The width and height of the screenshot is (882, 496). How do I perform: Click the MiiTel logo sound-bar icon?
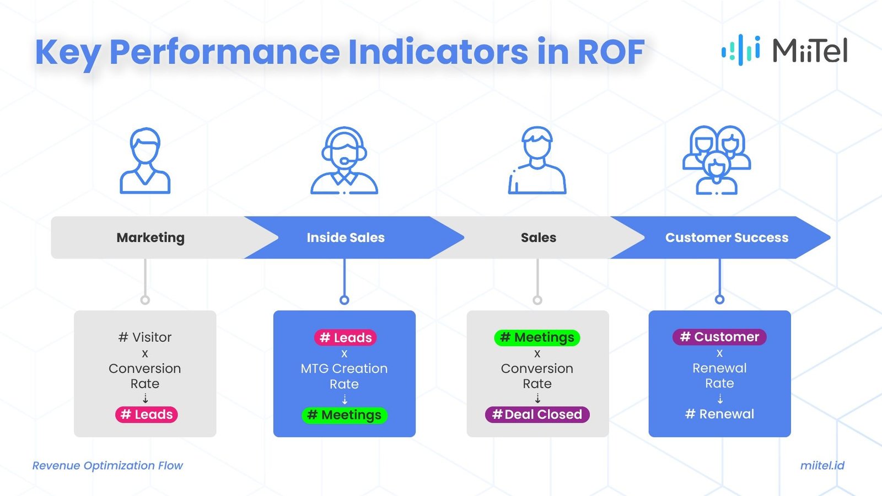[741, 50]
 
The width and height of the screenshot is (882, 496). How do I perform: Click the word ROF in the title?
[610, 52]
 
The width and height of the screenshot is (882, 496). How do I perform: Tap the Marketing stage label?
[150, 238]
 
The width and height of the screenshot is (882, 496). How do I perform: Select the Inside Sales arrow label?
[346, 238]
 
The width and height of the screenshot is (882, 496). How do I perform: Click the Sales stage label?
[538, 238]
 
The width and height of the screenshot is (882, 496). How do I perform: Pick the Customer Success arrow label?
[727, 238]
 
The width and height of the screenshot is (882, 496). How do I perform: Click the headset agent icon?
[344, 161]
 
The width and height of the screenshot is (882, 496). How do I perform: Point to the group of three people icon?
[716, 160]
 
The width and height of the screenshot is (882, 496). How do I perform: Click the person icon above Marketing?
[145, 161]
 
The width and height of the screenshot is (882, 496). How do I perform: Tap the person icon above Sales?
[537, 160]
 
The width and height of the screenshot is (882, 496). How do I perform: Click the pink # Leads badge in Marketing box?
[147, 414]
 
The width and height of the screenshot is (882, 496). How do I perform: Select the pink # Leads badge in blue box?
[346, 337]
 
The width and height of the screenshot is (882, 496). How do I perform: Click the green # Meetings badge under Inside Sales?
[345, 415]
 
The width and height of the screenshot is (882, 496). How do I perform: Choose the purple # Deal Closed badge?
[537, 414]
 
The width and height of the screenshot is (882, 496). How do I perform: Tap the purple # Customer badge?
[719, 337]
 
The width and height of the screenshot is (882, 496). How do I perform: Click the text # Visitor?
[145, 337]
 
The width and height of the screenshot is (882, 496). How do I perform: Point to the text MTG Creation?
[344, 368]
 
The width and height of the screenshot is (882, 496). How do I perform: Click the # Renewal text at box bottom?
[719, 414]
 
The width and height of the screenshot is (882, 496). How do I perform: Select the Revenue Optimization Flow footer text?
[107, 465]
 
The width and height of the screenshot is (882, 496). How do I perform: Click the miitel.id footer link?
[822, 465]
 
